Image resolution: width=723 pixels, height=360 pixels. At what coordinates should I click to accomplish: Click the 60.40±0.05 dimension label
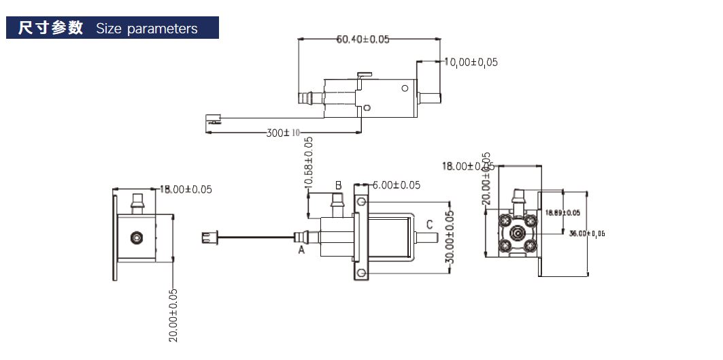(363, 39)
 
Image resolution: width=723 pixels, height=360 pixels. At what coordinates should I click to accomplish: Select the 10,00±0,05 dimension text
(471, 62)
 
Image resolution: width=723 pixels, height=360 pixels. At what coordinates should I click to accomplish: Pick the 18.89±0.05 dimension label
(563, 213)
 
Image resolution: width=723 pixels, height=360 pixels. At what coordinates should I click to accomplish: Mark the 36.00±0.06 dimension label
(587, 233)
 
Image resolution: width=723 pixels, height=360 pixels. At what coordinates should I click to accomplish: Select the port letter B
(337, 185)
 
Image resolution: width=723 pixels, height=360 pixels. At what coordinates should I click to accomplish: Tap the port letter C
(429, 225)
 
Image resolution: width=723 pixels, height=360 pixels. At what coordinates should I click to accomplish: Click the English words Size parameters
(147, 29)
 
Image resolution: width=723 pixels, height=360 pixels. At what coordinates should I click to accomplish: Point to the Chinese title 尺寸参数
(51, 28)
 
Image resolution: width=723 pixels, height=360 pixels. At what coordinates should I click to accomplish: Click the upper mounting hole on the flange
(361, 202)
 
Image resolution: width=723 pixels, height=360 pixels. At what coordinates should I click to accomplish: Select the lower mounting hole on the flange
(361, 273)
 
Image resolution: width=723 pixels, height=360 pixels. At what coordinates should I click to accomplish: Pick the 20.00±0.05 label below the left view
(173, 315)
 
